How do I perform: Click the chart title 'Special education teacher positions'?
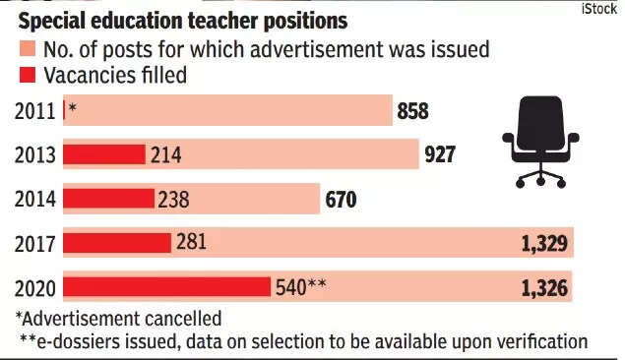182,21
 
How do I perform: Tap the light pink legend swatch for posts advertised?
28,49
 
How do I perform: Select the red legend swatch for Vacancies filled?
28,75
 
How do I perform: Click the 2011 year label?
34,111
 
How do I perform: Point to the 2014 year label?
34,199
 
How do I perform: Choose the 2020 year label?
34,288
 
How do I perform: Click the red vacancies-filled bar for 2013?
104,154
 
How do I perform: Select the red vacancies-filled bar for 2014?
108,199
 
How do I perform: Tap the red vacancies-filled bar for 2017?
117,243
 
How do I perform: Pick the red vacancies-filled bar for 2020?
166,287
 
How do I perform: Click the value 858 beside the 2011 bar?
413,111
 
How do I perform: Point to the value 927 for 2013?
440,154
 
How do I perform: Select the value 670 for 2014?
341,200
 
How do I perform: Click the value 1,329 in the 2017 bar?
544,243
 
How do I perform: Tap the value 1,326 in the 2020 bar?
544,288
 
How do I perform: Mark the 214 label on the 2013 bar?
165,154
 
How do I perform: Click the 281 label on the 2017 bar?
191,241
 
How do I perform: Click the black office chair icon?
540,142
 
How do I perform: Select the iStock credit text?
599,9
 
